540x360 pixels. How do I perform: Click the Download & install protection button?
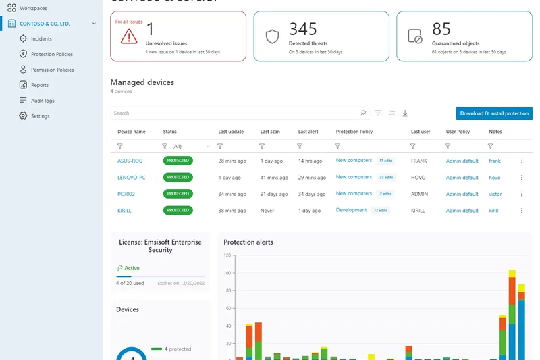(x=494, y=113)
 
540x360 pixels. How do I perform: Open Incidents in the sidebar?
(x=41, y=39)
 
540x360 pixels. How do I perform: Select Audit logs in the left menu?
(x=43, y=101)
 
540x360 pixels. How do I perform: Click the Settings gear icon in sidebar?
(x=23, y=116)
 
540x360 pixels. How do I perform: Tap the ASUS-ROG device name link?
(x=130, y=161)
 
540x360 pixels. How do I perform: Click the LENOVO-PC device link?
(x=131, y=178)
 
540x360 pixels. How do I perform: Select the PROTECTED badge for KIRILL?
(x=178, y=211)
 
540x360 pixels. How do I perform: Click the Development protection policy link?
(x=351, y=210)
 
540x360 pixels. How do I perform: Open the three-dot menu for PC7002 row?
(x=522, y=194)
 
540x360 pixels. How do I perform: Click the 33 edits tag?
(x=386, y=178)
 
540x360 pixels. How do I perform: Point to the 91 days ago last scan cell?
(x=273, y=194)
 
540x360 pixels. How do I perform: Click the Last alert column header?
(x=308, y=132)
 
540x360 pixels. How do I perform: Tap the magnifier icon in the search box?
(x=363, y=113)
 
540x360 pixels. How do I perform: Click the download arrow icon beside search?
(x=405, y=113)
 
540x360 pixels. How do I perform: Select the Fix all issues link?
(x=128, y=22)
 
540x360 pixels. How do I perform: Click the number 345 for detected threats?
(x=303, y=28)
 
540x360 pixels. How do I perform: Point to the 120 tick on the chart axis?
(x=227, y=255)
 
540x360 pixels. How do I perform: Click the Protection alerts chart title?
(x=248, y=242)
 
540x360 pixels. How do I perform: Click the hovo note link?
(x=494, y=178)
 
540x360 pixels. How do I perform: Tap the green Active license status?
(x=132, y=268)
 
